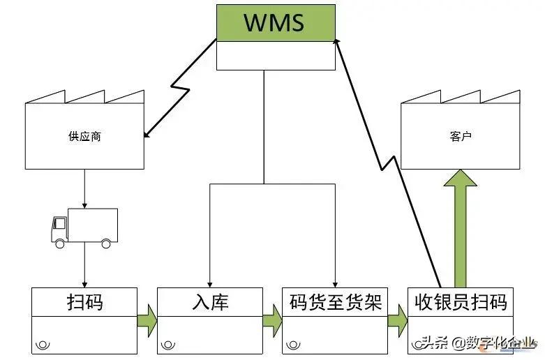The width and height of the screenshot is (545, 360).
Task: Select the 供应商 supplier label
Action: coord(84,137)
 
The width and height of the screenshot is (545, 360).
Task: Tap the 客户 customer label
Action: coord(461,137)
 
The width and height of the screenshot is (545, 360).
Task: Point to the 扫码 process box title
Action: coord(84,302)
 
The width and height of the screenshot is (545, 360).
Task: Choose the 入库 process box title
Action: coord(210,302)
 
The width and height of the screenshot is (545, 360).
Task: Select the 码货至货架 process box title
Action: coord(335,302)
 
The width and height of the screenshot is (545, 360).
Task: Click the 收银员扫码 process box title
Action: coord(460,302)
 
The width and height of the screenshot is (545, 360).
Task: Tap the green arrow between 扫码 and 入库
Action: coord(147,320)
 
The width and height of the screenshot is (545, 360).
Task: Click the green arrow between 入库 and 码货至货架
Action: coord(273,320)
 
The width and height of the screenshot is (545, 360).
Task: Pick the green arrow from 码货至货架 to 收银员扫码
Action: coord(398,320)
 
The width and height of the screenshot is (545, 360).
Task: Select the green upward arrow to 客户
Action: coord(460,223)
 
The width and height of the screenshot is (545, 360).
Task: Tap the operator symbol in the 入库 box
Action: coord(167,345)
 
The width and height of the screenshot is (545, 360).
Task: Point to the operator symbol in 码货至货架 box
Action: coord(293,345)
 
